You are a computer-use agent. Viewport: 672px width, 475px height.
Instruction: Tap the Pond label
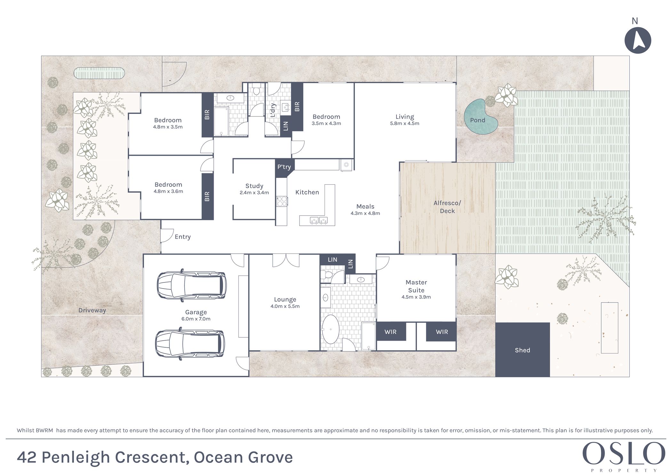point(477,120)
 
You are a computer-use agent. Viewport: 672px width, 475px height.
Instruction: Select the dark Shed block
point(523,350)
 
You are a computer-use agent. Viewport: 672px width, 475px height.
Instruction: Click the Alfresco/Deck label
point(447,207)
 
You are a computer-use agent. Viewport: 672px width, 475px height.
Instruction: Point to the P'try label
point(284,167)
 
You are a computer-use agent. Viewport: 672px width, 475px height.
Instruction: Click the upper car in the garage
point(191,285)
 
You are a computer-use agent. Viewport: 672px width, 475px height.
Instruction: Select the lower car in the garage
point(190,344)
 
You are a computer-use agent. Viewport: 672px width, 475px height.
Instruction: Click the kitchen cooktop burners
point(282,201)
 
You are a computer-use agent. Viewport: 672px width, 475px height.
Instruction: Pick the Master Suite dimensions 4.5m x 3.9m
point(416,297)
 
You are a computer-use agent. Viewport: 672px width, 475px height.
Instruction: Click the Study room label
point(254,186)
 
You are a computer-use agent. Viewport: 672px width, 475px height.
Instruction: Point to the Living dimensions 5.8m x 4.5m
point(404,123)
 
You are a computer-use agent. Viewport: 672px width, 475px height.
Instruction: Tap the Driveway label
point(92,310)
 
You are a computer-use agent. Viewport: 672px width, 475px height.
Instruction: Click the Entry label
point(182,237)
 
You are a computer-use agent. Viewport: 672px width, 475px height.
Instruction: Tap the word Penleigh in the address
point(76,457)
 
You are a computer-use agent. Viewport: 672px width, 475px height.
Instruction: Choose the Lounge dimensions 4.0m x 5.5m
point(285,306)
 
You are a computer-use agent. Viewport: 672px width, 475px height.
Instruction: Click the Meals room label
point(365,206)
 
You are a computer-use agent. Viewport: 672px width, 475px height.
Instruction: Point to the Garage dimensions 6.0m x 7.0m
point(196,319)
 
